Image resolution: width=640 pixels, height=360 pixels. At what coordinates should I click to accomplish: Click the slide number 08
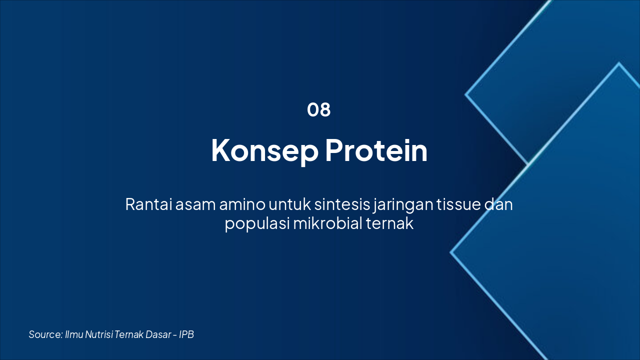point(319,110)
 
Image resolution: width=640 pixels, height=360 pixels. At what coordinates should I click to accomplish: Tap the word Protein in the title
point(376,150)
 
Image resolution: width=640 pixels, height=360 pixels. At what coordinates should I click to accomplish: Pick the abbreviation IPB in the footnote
point(186,334)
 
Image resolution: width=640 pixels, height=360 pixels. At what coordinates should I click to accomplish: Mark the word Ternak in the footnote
point(129,334)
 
